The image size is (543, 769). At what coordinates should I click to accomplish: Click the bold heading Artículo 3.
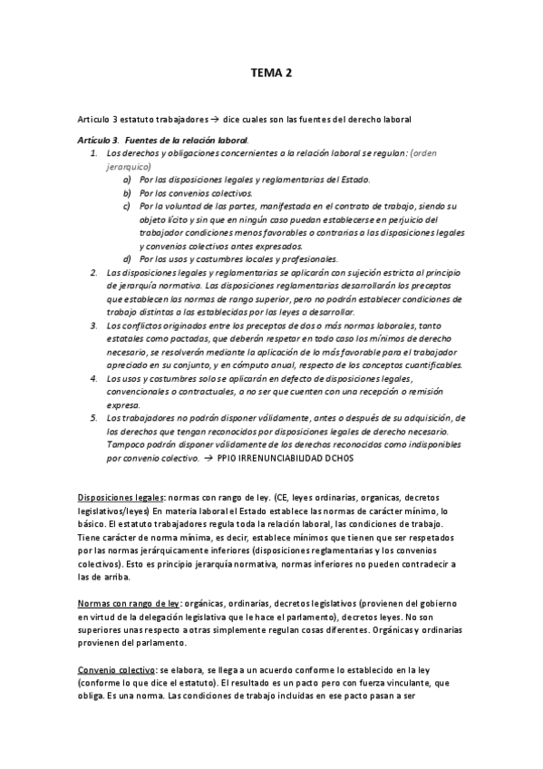[x=99, y=140]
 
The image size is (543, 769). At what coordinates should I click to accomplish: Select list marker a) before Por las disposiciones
[x=127, y=180]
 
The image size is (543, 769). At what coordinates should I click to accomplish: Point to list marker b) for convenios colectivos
[x=127, y=193]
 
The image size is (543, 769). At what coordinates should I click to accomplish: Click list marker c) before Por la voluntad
[x=127, y=206]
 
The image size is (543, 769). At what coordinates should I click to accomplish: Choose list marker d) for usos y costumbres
[x=127, y=258]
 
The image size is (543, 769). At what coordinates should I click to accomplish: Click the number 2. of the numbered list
[x=94, y=272]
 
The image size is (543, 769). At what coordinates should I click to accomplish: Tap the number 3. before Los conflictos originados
[x=94, y=325]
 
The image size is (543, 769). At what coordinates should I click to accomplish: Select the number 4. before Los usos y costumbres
[x=94, y=377]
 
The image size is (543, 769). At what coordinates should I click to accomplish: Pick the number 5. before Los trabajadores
[x=94, y=417]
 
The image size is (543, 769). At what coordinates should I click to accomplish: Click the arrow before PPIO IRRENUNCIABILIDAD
[x=208, y=459]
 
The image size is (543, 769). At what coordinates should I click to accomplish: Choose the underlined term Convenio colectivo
[x=115, y=669]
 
